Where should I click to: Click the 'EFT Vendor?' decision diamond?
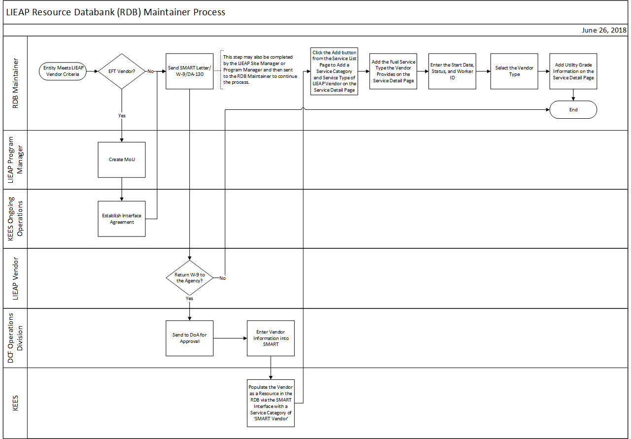(x=121, y=71)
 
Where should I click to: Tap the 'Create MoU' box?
(x=122, y=160)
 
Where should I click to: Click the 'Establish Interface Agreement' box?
(x=122, y=219)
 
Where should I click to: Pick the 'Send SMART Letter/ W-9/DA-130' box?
(x=189, y=71)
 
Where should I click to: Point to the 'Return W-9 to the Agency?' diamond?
(x=190, y=278)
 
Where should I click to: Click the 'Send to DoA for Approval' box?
(x=189, y=338)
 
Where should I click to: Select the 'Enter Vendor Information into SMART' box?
(x=271, y=338)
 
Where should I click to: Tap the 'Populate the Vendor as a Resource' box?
(x=271, y=403)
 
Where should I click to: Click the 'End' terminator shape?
(x=573, y=110)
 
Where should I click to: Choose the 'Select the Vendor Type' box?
(x=514, y=71)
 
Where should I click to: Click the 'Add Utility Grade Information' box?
(x=573, y=71)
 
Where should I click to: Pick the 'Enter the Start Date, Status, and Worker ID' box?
(x=452, y=71)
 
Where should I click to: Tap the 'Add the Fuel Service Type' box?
(x=393, y=71)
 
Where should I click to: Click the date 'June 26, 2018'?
(x=604, y=30)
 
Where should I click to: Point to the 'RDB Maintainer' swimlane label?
(x=15, y=84)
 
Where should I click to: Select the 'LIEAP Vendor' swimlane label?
(x=15, y=278)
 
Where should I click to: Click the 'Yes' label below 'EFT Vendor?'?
(x=122, y=116)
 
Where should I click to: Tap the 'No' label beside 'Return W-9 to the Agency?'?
(x=222, y=278)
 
